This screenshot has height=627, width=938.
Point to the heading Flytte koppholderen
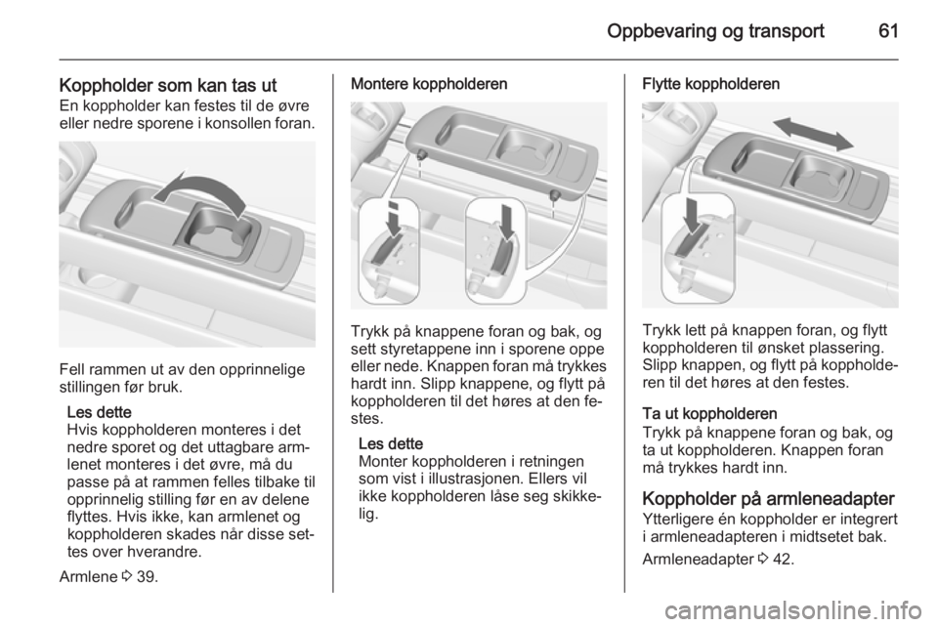710,85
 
